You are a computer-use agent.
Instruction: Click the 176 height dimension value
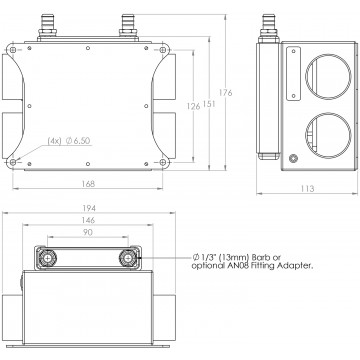tap(226, 93)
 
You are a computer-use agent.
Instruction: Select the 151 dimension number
tap(209, 104)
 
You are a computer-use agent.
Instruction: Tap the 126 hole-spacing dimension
tap(193, 106)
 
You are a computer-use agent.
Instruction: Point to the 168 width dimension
tap(88, 184)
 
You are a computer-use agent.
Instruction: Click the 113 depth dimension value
tap(307, 189)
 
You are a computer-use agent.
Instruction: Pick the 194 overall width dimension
tap(89, 208)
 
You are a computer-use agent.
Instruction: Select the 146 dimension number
tap(88, 220)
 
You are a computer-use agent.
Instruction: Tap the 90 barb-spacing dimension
tap(88, 232)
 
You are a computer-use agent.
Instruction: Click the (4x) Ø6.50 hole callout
tap(69, 141)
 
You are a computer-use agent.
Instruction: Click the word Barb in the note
tap(261, 258)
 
